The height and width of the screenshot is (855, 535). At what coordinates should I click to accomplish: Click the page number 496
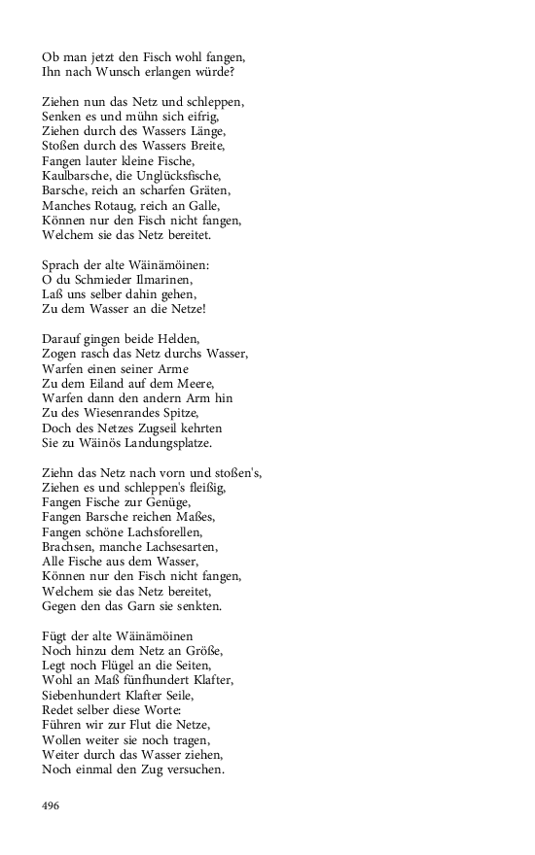(52, 805)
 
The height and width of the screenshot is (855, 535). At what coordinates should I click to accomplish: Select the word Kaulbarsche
(74, 175)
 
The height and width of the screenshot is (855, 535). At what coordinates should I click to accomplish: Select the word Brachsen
(67, 547)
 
